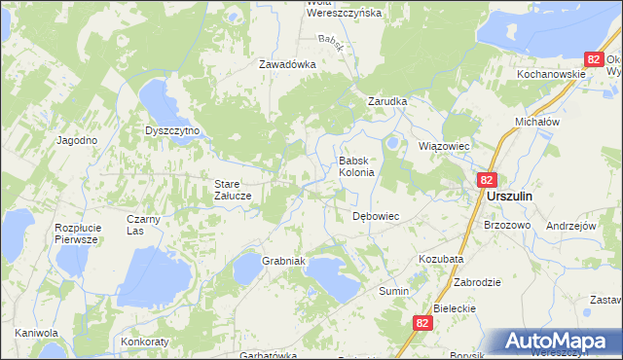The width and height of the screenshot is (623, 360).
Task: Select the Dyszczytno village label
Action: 171,130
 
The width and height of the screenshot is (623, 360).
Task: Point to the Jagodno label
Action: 77,140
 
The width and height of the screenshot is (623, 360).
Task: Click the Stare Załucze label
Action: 234,189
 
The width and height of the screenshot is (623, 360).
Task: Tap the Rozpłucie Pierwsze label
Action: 76,233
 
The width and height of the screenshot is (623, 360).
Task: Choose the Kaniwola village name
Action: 37,333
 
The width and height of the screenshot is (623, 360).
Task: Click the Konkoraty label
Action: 145,342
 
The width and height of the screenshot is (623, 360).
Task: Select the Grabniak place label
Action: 284,261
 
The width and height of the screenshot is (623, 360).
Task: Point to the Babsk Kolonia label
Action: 356,166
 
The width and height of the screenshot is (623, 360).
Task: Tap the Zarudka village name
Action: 386,100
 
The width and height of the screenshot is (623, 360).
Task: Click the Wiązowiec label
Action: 444,146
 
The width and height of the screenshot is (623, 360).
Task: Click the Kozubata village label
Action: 441,260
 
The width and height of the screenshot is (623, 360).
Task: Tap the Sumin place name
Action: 393,291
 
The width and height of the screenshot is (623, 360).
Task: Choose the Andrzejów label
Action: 570,225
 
